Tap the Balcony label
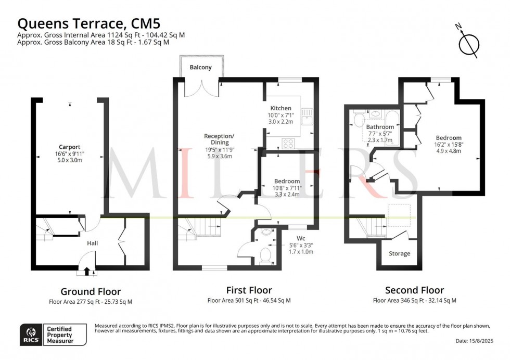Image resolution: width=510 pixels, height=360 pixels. point(200,68)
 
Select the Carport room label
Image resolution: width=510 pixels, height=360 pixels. point(70,147)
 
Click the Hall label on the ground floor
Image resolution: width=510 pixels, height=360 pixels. point(92,243)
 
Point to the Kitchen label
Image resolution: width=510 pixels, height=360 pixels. point(280,108)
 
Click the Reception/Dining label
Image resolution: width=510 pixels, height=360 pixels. point(219,139)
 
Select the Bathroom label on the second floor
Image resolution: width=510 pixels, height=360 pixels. point(380,127)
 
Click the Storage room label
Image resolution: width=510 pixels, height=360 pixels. point(399,254)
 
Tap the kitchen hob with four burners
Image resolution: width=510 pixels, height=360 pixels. point(288,143)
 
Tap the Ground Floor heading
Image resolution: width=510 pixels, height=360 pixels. point(91,292)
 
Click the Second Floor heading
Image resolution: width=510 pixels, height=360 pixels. point(414,290)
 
